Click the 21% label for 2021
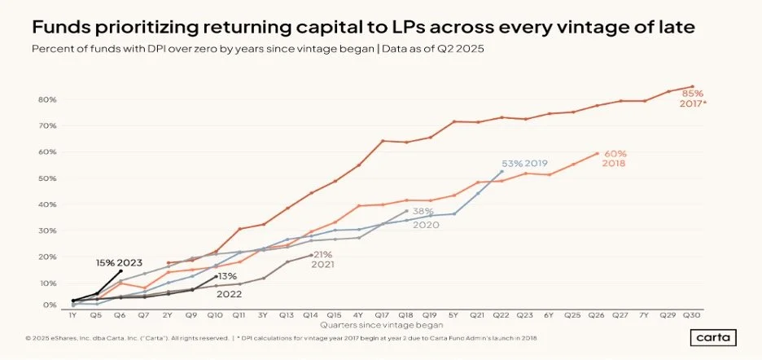point(324,255)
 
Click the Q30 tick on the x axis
point(692,314)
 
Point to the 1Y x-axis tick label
point(73,314)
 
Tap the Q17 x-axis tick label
point(383,314)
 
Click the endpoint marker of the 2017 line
point(693,86)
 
